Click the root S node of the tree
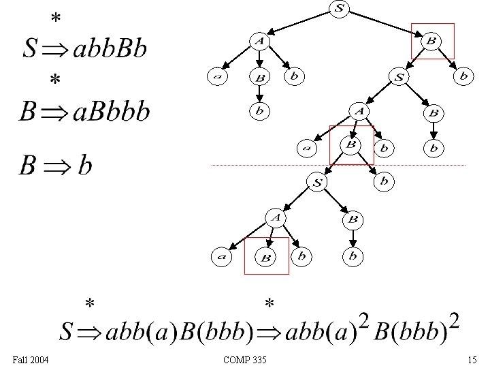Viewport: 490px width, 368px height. pyautogui.click(x=338, y=8)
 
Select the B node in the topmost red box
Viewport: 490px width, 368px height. pyautogui.click(x=431, y=42)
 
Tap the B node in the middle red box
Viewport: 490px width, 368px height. pyautogui.click(x=351, y=144)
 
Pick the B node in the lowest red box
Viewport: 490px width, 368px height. pyautogui.click(x=266, y=257)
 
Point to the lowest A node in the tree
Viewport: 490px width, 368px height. pyautogui.click(x=275, y=218)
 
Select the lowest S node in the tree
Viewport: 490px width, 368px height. pyautogui.click(x=317, y=182)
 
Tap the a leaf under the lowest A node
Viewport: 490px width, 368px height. pyautogui.click(x=220, y=257)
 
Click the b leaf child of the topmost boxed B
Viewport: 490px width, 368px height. pyautogui.click(x=463, y=77)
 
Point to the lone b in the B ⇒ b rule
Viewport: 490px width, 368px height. pyautogui.click(x=84, y=166)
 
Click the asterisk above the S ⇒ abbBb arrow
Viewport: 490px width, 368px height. pyautogui.click(x=55, y=20)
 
